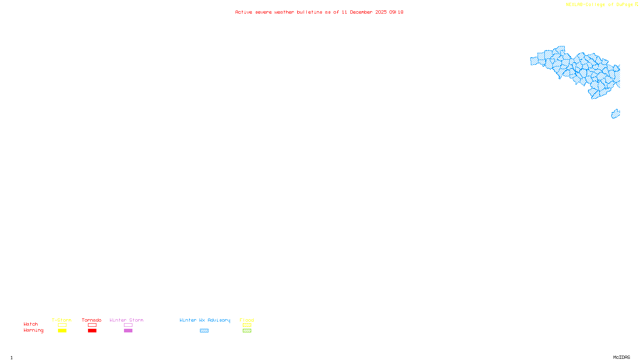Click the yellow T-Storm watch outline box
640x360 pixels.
pos(62,325)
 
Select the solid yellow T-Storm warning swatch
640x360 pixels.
pos(62,331)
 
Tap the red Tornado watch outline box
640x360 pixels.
pos(92,325)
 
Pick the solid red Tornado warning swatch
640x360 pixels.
pos(92,331)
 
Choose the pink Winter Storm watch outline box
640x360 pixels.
pos(128,325)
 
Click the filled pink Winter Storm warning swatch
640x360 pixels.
pos(128,331)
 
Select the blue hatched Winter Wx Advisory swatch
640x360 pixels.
pos(204,331)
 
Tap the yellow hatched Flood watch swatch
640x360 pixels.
pos(247,325)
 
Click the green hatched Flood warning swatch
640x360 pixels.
pos(247,331)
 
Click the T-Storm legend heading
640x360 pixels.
pos(62,320)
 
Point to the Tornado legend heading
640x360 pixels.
pos(92,320)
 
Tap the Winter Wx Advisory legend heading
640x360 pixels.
pos(205,320)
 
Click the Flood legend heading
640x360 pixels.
pos(247,320)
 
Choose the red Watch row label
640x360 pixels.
pos(31,324)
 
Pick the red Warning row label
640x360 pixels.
pos(34,330)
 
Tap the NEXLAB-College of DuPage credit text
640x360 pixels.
pos(600,4)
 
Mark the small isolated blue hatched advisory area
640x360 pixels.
pos(616,114)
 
